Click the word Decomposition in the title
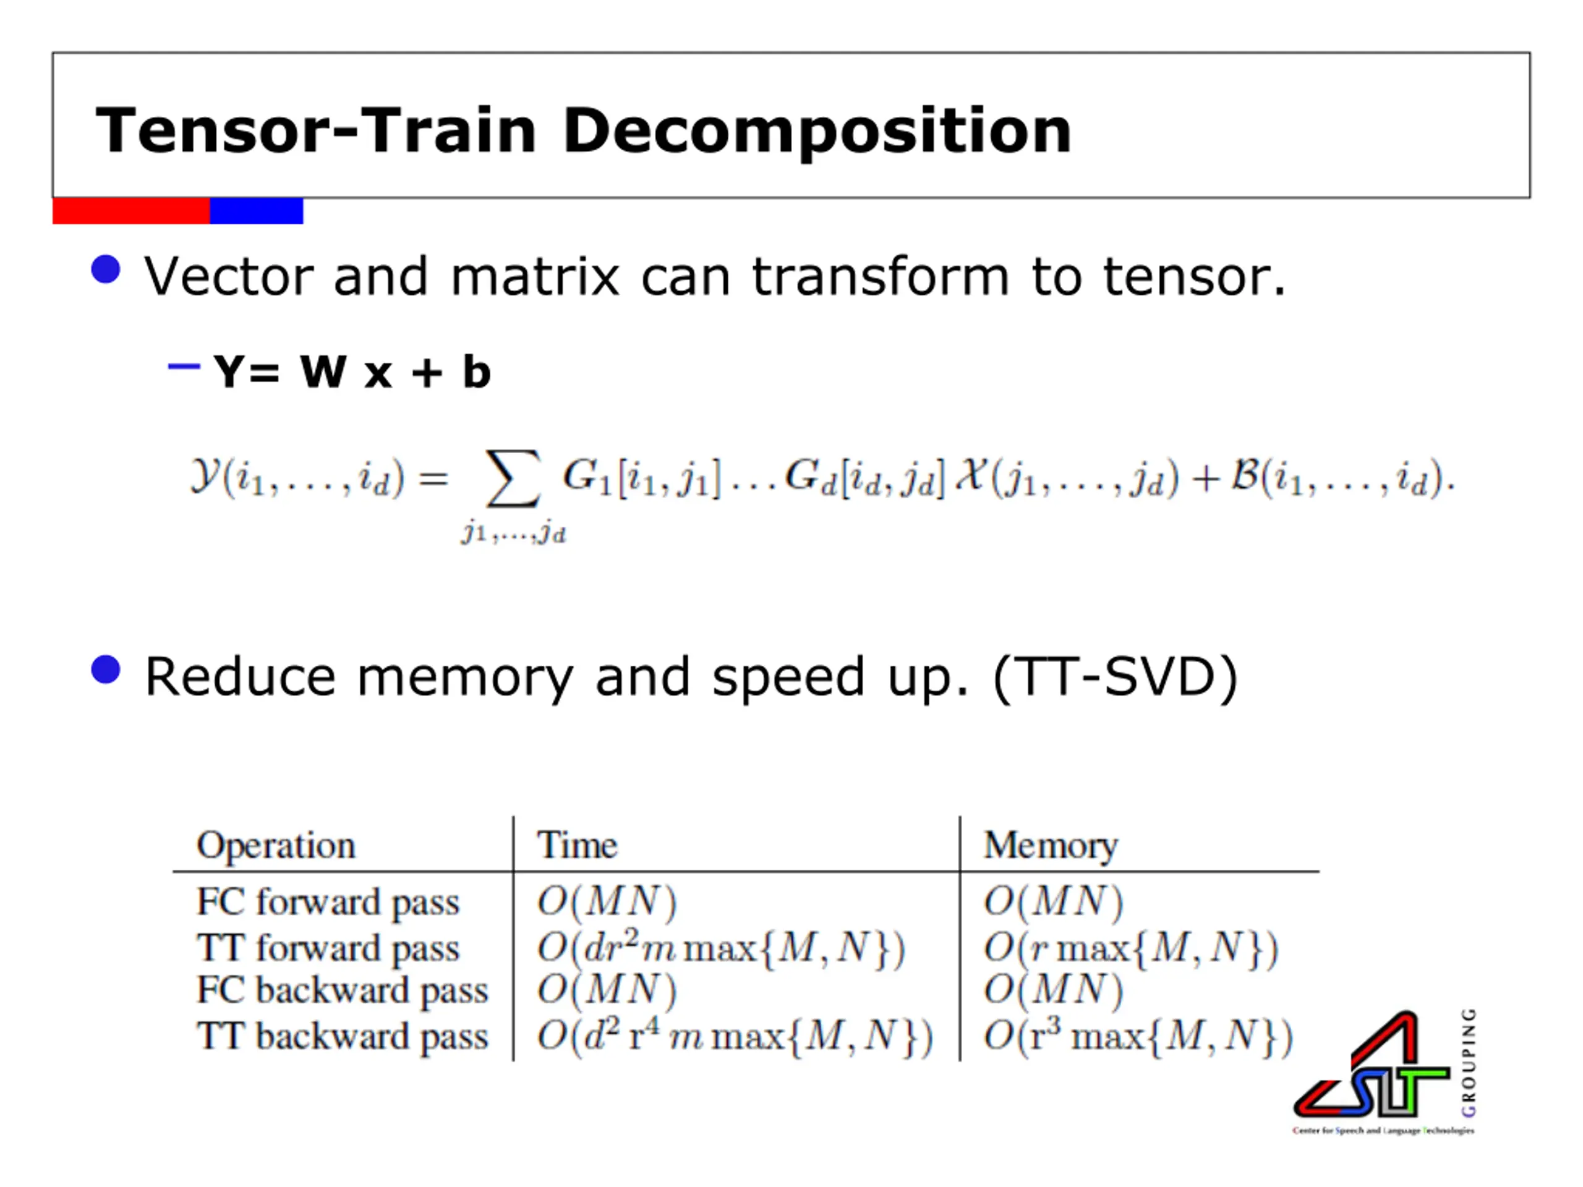tap(817, 131)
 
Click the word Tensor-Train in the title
tap(315, 131)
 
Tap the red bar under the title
tap(131, 211)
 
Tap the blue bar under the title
tap(256, 211)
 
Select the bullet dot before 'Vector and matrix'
tap(106, 270)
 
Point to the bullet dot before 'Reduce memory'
tap(106, 670)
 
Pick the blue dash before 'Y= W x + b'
tap(184, 367)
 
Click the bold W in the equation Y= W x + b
tap(323, 372)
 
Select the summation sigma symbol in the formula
tap(513, 478)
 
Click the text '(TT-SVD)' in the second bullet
tap(1115, 677)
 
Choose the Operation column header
tap(276, 845)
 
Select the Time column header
tap(577, 845)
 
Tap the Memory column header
tap(1051, 845)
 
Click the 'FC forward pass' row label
tap(328, 901)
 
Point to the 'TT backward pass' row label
tap(342, 1036)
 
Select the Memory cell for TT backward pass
tap(1138, 1036)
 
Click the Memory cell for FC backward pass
tap(1054, 990)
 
